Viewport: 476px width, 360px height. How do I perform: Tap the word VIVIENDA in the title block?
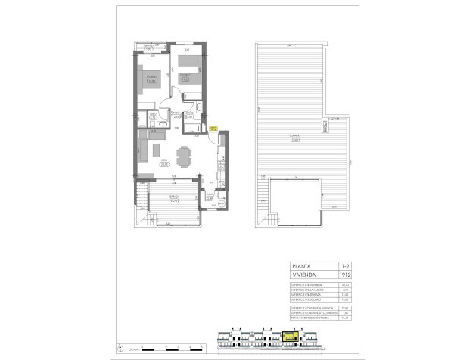(305, 275)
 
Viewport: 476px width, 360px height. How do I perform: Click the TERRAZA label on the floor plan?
(173, 198)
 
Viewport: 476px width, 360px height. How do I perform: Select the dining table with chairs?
(183, 156)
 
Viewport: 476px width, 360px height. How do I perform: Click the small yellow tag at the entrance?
(214, 129)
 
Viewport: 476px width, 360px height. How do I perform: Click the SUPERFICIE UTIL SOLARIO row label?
(309, 299)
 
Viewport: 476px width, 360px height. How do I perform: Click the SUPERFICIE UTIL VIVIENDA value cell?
(345, 285)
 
